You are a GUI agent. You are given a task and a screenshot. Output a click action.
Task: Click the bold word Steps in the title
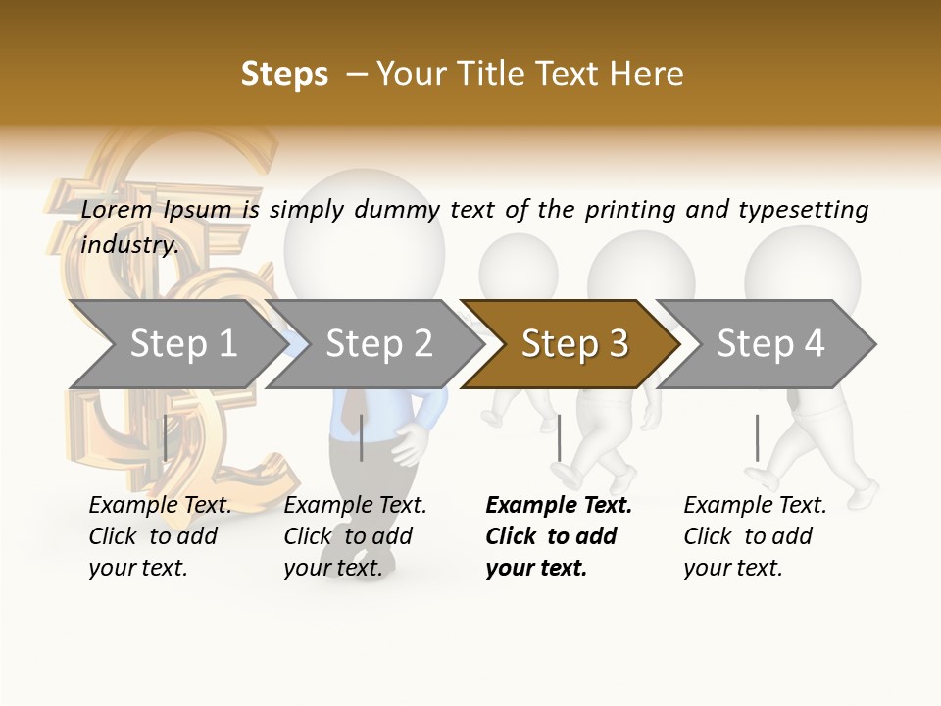pyautogui.click(x=284, y=75)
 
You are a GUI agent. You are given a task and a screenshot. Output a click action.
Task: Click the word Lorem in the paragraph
pyautogui.click(x=117, y=209)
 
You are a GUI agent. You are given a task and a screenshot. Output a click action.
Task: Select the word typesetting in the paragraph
pyautogui.click(x=803, y=209)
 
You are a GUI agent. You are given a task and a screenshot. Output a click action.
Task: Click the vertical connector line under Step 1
pyautogui.click(x=165, y=437)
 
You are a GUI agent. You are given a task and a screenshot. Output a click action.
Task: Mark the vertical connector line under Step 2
pyautogui.click(x=362, y=437)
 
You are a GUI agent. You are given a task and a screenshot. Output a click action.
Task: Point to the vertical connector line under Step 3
pyautogui.click(x=559, y=437)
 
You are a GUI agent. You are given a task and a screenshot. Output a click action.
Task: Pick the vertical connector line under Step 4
pyautogui.click(x=757, y=437)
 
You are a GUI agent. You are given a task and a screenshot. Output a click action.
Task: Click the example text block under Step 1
pyautogui.click(x=160, y=536)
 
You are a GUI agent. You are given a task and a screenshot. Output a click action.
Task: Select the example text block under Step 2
pyautogui.click(x=355, y=536)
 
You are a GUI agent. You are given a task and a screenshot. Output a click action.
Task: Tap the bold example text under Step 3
pyautogui.click(x=558, y=536)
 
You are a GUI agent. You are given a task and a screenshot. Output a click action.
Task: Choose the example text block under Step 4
pyautogui.click(x=755, y=536)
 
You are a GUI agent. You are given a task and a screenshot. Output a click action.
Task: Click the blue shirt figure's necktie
pyautogui.click(x=349, y=412)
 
